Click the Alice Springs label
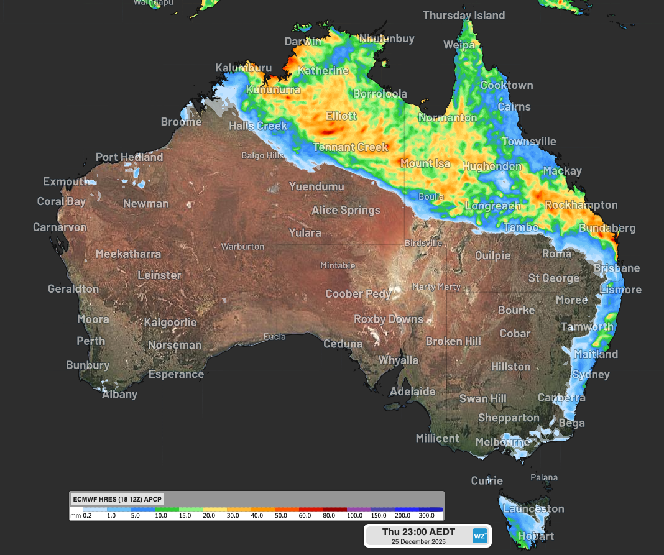[x=346, y=210]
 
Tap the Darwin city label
[x=303, y=42]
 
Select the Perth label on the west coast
[x=91, y=341]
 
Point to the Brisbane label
[x=616, y=268]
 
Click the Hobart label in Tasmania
[x=535, y=536]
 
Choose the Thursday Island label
[x=464, y=15]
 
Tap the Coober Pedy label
[x=359, y=294]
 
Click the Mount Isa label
[x=425, y=163]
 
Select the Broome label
[x=181, y=122]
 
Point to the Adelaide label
[x=412, y=392]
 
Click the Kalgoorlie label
[x=170, y=323]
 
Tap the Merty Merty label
[x=436, y=287]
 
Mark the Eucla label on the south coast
[x=274, y=337]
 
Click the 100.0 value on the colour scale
[x=354, y=515]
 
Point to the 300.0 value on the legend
[x=426, y=515]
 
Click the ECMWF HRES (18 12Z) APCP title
[x=117, y=498]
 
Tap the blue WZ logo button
[x=479, y=535]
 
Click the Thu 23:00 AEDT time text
[x=418, y=531]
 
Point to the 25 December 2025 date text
[x=418, y=541]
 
